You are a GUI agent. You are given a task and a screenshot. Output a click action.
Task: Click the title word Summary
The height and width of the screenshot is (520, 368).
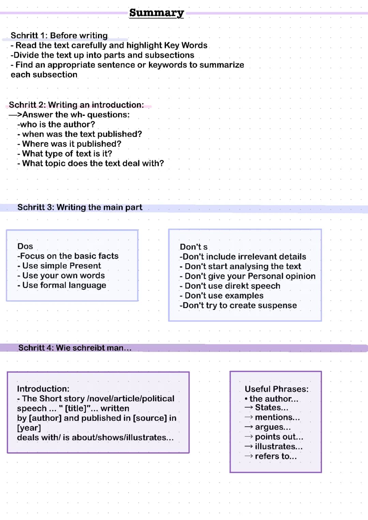[156, 13]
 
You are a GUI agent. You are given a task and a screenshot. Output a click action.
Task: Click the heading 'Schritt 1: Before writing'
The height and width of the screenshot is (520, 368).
[59, 35]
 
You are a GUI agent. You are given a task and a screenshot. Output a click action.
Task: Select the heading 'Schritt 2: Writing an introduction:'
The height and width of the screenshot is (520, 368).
[76, 105]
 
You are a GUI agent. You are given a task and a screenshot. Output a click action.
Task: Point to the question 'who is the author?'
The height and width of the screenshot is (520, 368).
[57, 124]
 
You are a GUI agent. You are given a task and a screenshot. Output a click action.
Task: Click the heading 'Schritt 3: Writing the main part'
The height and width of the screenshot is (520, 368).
[80, 207]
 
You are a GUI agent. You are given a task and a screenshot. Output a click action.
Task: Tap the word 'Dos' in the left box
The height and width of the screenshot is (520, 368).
[25, 246]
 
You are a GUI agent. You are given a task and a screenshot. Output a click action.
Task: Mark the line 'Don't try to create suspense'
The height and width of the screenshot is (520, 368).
[238, 305]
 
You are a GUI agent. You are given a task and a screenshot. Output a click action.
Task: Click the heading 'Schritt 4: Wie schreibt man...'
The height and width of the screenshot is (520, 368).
[75, 348]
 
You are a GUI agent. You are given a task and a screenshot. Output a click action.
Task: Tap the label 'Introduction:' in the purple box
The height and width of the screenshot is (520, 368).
[43, 389]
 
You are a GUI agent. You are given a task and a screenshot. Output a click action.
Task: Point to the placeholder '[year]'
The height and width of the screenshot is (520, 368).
[29, 428]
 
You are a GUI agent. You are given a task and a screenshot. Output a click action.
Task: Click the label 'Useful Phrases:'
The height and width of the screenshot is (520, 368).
[276, 389]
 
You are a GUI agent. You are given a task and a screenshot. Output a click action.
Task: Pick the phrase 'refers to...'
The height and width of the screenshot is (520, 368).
[276, 456]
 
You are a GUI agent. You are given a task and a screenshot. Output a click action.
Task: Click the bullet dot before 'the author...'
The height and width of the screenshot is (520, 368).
[246, 399]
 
